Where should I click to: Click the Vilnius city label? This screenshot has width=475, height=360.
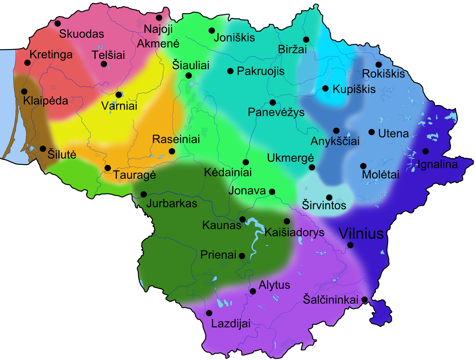[x=361, y=233]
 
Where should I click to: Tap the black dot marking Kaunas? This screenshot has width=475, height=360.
[x=243, y=219]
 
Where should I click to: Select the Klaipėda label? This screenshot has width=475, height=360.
[x=45, y=101]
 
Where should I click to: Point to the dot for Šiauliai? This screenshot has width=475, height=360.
[x=189, y=75]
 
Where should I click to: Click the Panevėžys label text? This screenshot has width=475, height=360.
[x=276, y=112]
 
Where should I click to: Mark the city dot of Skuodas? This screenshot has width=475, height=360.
[x=58, y=23]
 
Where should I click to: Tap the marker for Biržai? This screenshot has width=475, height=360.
[x=306, y=39]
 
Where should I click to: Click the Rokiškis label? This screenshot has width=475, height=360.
[x=383, y=73]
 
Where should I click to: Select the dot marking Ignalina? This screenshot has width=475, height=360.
[x=426, y=151]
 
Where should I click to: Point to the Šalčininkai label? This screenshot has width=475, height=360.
[x=330, y=299]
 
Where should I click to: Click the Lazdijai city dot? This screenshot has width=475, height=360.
[x=209, y=313]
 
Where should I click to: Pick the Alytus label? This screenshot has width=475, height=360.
[x=274, y=285]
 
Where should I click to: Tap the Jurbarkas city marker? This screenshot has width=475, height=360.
[x=144, y=194]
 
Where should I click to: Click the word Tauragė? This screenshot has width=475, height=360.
[x=134, y=175]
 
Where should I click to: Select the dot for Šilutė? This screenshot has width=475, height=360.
[x=43, y=149]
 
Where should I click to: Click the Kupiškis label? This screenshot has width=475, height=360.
[x=354, y=89]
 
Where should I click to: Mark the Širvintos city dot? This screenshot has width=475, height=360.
[x=329, y=197]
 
